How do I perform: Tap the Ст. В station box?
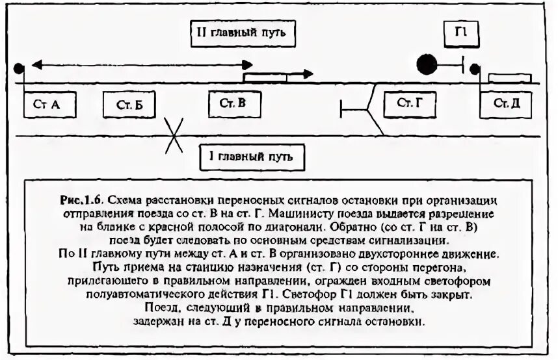233,103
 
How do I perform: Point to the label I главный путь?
252,157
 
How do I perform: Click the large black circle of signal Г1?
427,64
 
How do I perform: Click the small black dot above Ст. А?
19,67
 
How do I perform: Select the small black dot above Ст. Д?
475,68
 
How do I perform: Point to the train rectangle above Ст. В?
265,77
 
